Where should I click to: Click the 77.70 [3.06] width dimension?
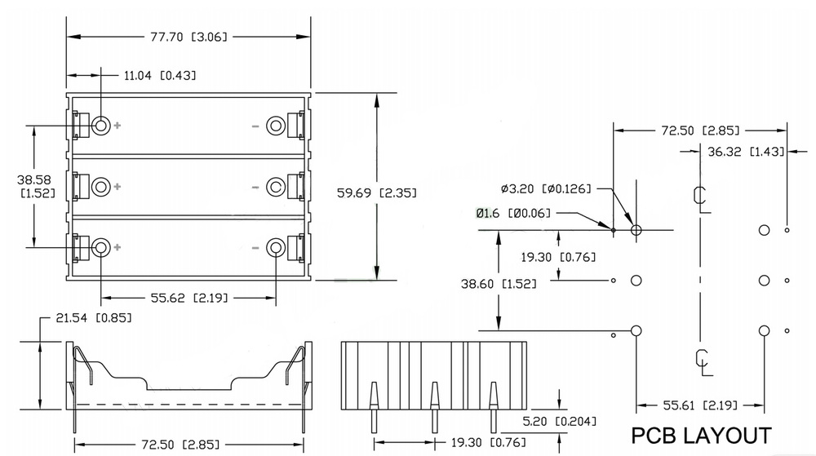click(x=189, y=37)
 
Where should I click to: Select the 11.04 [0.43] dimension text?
click(x=160, y=75)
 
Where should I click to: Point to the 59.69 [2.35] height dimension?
click(x=377, y=193)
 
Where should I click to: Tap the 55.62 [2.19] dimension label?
click(x=189, y=298)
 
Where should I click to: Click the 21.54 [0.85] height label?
click(x=94, y=317)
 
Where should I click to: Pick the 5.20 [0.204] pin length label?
click(x=560, y=421)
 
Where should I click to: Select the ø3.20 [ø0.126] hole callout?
click(x=546, y=188)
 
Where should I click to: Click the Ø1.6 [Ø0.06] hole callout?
click(x=513, y=213)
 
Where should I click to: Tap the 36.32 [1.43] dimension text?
click(x=746, y=151)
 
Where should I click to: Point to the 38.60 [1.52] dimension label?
click(x=499, y=284)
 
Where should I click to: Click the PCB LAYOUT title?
click(x=701, y=436)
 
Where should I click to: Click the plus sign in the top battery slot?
click(x=118, y=126)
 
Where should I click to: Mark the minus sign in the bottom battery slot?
click(x=255, y=248)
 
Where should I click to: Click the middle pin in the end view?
click(x=434, y=408)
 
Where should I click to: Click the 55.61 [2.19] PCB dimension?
click(x=700, y=405)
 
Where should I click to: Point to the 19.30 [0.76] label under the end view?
click(x=488, y=442)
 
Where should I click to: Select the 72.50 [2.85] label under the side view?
click(x=180, y=445)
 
